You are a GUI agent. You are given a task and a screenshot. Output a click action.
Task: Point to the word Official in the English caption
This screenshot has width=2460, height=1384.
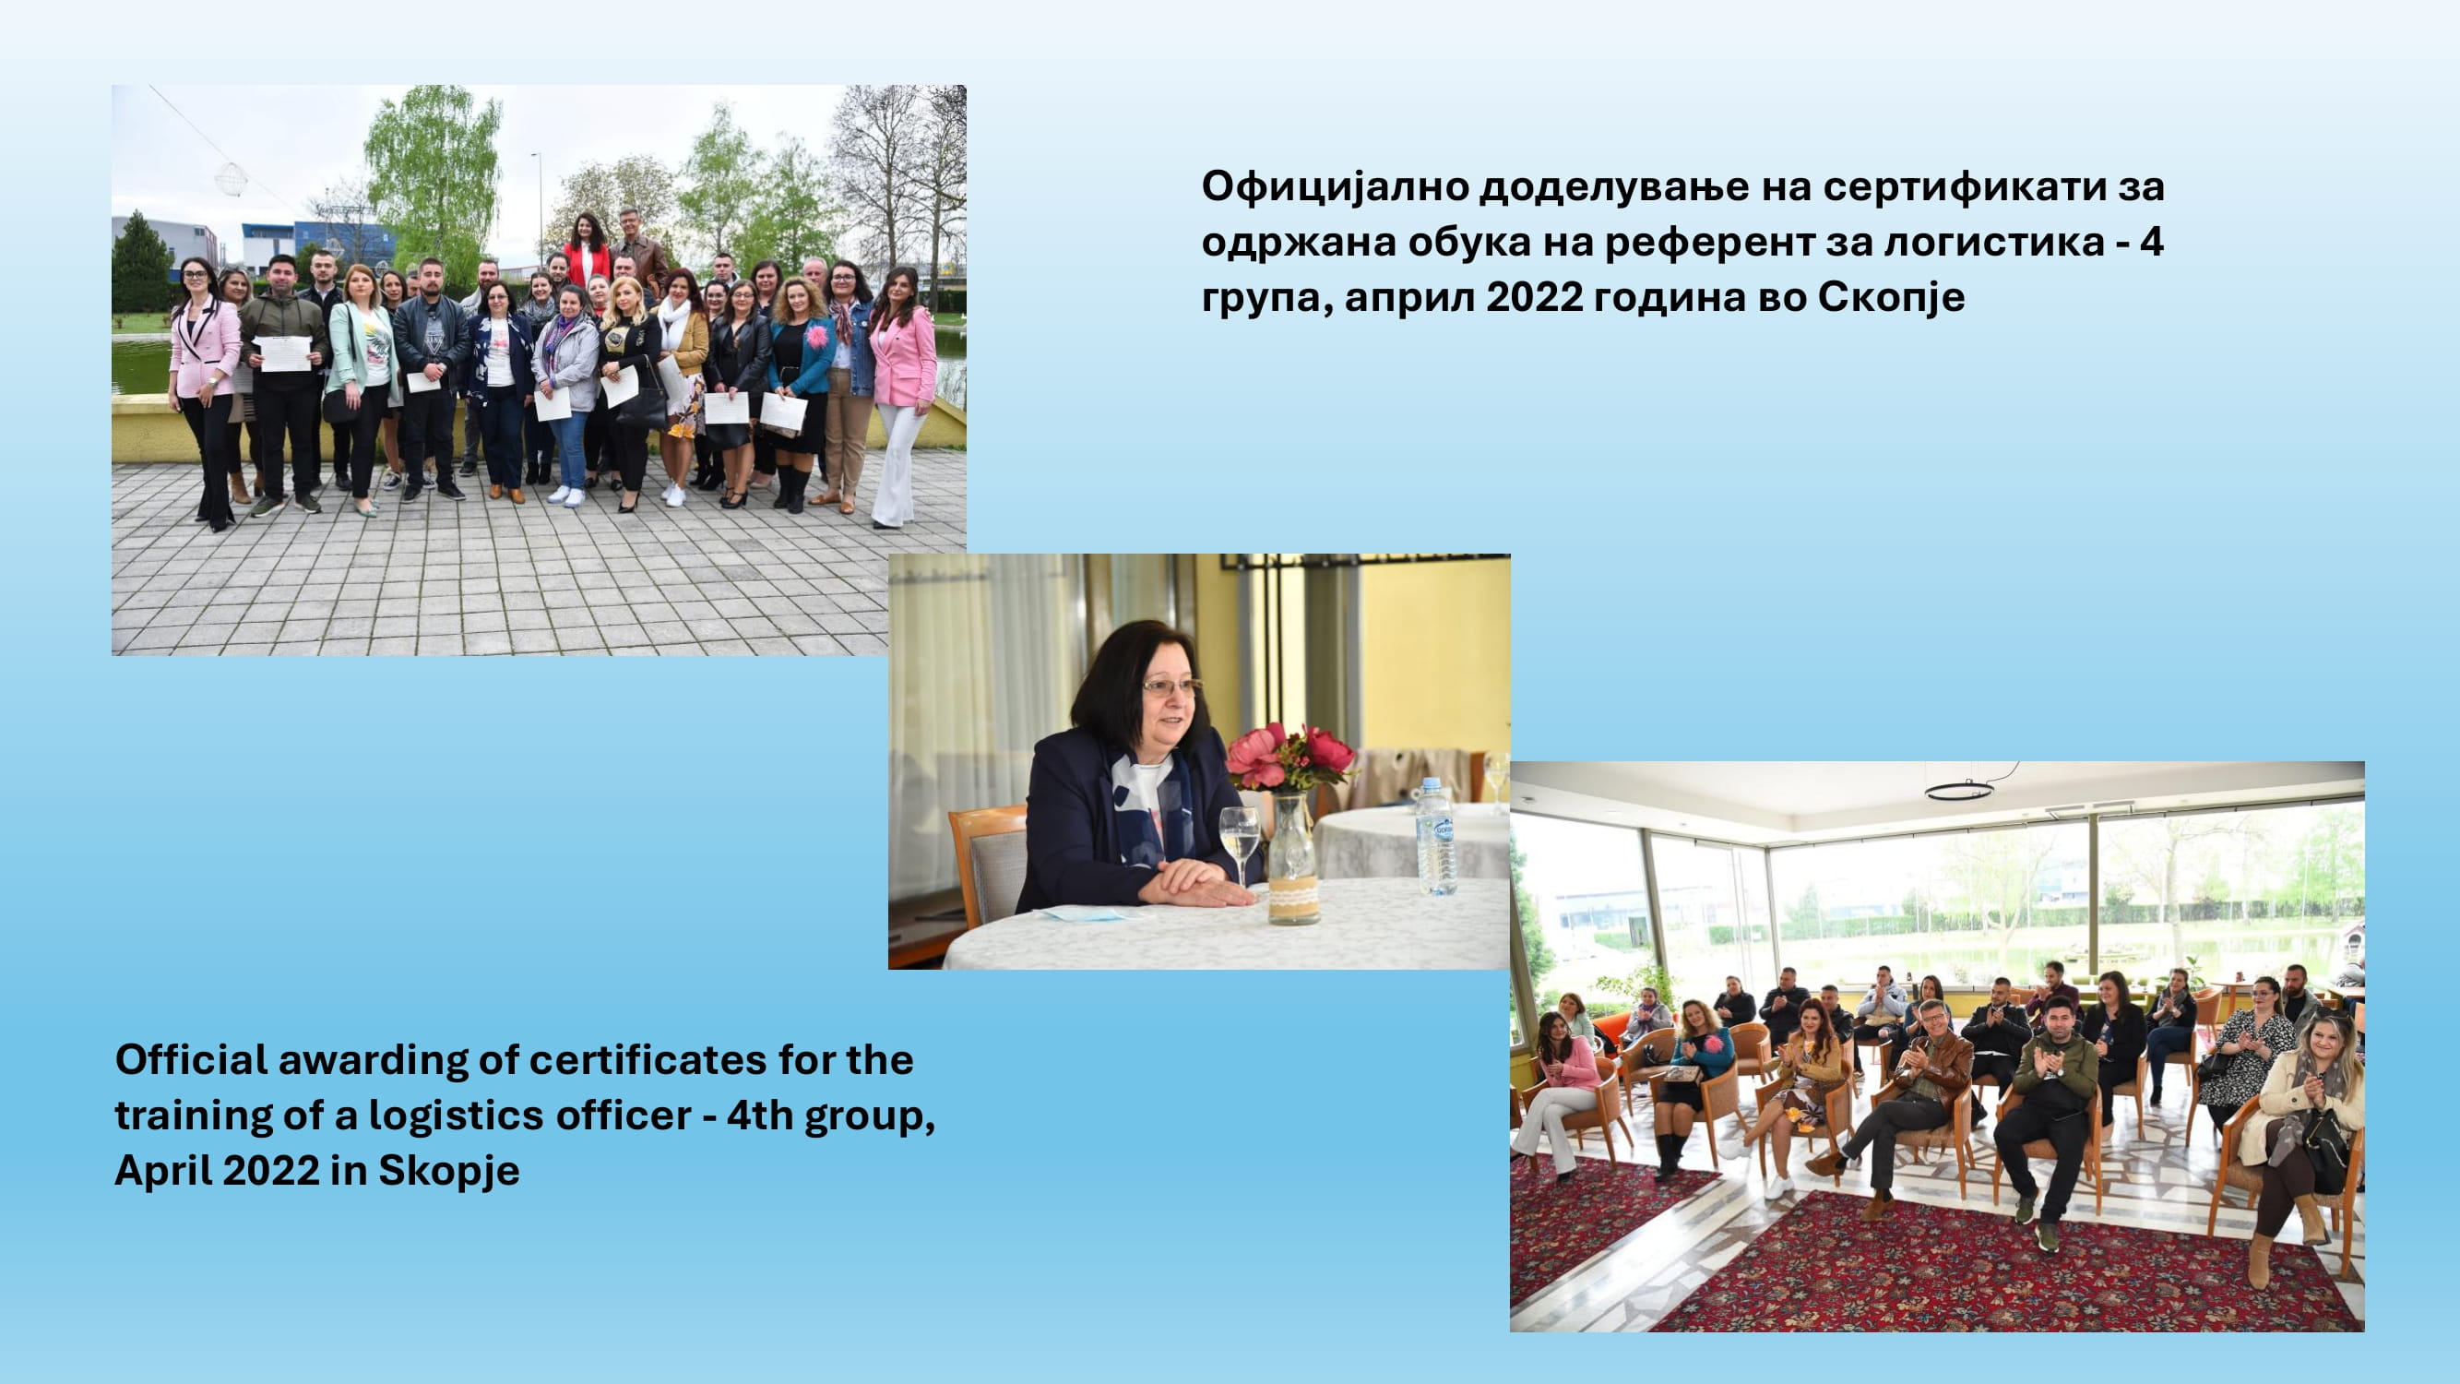tap(191, 1059)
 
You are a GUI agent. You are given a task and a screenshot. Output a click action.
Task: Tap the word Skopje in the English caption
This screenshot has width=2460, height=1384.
tap(449, 1171)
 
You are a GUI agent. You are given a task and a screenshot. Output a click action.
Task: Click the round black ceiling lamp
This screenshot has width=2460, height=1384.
tap(1958, 790)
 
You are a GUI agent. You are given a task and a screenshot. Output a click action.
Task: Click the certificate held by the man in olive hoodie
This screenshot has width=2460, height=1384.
tap(286, 352)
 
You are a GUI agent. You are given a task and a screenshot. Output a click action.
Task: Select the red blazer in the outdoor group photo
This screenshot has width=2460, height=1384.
tap(587, 264)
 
